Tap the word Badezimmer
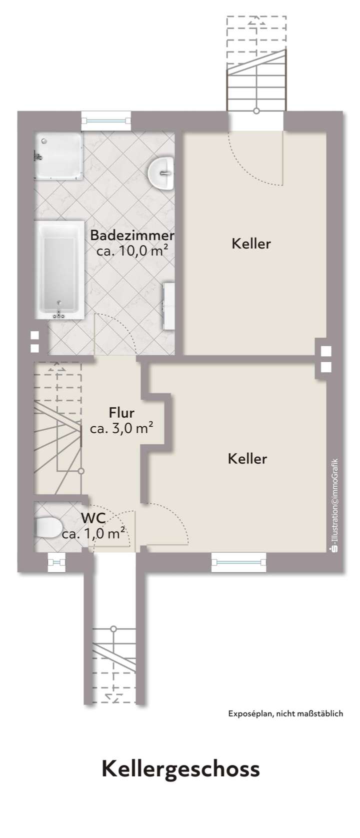click(132, 235)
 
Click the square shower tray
click(57, 156)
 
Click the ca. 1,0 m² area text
click(93, 534)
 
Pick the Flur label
click(121, 413)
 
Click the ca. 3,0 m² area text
click(121, 429)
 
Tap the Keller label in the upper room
click(251, 244)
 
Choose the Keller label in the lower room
click(247, 458)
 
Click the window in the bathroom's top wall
click(105, 121)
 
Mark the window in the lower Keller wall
click(238, 562)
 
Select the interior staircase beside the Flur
click(56, 429)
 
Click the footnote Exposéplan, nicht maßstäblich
click(285, 713)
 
